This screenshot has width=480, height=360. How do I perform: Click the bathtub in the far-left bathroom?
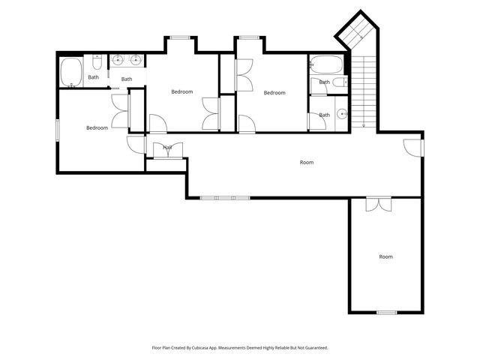point(71,73)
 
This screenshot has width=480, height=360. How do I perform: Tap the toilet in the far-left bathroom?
point(97,61)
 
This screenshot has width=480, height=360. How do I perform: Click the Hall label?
point(167,148)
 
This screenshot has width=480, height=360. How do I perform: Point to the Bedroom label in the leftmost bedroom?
point(97,127)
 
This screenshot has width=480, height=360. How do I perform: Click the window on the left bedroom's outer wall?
point(58,130)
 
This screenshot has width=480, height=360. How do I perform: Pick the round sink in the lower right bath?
point(341,114)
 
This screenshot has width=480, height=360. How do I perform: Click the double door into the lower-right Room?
point(378,202)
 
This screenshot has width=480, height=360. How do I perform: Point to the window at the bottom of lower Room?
point(386,312)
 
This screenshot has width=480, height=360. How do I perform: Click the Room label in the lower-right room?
point(385,256)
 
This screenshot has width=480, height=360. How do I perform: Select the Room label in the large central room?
point(306,162)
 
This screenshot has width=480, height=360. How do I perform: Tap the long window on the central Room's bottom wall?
point(224,198)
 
